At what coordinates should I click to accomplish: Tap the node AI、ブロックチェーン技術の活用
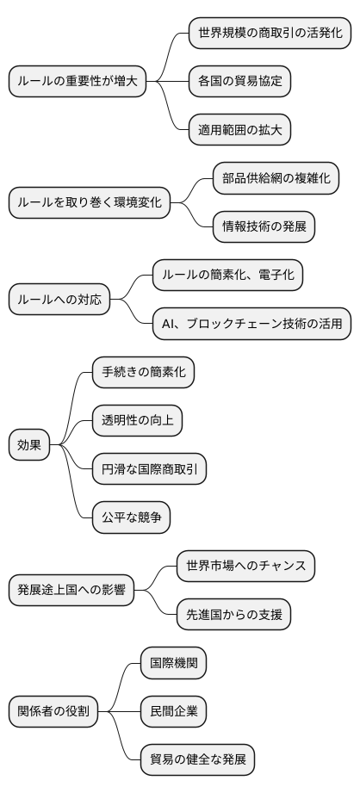[251, 324]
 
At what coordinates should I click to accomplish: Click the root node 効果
[29, 445]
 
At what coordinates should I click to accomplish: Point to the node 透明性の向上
[138, 421]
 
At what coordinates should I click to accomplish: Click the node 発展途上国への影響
[71, 590]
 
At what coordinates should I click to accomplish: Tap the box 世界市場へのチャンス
[245, 566]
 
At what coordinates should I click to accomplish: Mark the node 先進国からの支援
[233, 614]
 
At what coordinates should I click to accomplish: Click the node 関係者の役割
[53, 711]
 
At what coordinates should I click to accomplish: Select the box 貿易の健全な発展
[198, 759]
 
